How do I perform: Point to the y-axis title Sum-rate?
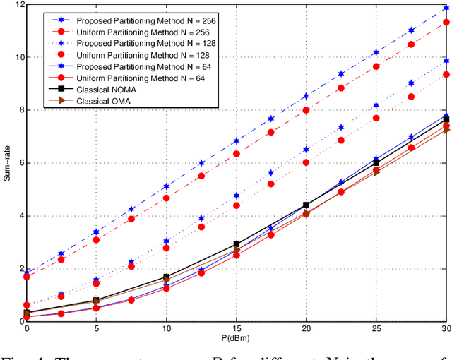click(8, 163)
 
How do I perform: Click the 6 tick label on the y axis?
click(20, 163)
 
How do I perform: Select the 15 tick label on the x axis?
click(237, 328)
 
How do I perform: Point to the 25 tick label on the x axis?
click(376, 328)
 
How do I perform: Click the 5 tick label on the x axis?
click(97, 328)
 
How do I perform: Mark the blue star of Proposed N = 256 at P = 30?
click(446, 8)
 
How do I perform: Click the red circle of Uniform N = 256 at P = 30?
click(446, 23)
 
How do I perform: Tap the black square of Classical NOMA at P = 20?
click(306, 205)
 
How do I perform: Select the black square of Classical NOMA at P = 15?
click(237, 244)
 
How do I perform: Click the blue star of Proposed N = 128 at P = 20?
click(306, 150)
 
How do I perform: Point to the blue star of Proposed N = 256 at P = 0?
click(27, 273)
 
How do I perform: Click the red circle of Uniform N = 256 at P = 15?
click(237, 154)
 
